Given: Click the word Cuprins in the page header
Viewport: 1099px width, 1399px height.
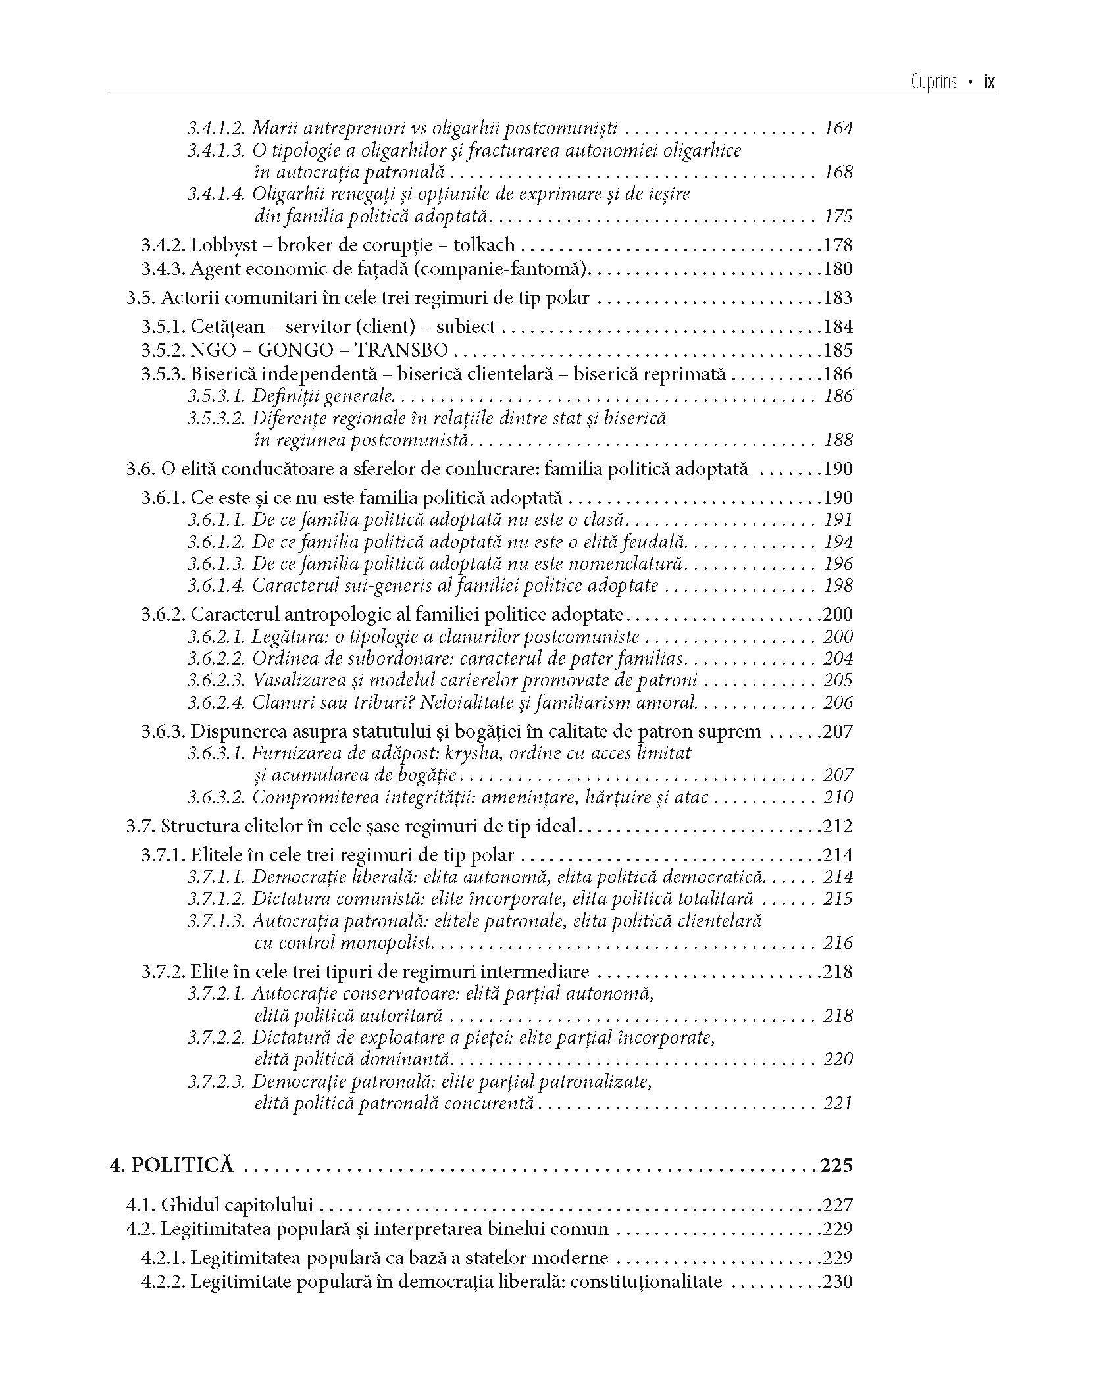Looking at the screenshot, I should coord(934,83).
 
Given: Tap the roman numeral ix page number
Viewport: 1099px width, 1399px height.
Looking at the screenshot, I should coord(988,83).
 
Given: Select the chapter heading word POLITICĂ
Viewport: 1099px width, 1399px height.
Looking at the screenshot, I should coord(182,1165).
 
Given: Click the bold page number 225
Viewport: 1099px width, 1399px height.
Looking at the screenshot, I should coord(836,1165).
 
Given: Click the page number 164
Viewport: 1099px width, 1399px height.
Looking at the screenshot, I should coord(838,128).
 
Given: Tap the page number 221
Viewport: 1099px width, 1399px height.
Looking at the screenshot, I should coord(838,1103).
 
